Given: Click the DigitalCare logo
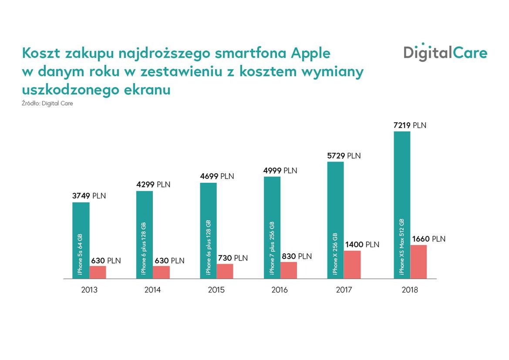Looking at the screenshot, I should pyautogui.click(x=445, y=53).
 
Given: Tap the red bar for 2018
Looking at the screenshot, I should pyautogui.click(x=418, y=262).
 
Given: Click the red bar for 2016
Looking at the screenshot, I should pyautogui.click(x=289, y=270).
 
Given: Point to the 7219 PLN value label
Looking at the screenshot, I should pyautogui.click(x=410, y=125).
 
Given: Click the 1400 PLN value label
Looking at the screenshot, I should pyautogui.click(x=362, y=245).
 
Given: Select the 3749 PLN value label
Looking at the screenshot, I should pyautogui.click(x=89, y=196).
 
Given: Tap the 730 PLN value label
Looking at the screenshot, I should pyautogui.click(x=233, y=258).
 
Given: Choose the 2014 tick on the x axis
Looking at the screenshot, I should pyautogui.click(x=152, y=290).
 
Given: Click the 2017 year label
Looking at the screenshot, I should pyautogui.click(x=344, y=290).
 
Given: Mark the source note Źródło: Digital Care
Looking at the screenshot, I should pyautogui.click(x=47, y=104).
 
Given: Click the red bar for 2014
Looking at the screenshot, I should pyautogui.click(x=161, y=272).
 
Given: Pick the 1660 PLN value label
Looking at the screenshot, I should pyautogui.click(x=428, y=239).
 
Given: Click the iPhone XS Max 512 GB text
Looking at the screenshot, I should pyautogui.click(x=402, y=246).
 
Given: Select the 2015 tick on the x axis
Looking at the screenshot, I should pyautogui.click(x=216, y=290).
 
